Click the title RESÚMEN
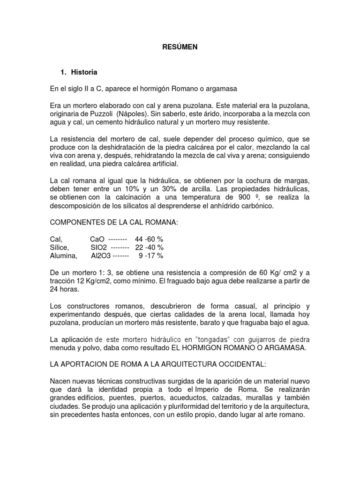180,47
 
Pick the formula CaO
97,239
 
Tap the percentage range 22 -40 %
149,247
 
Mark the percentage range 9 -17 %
151,256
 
